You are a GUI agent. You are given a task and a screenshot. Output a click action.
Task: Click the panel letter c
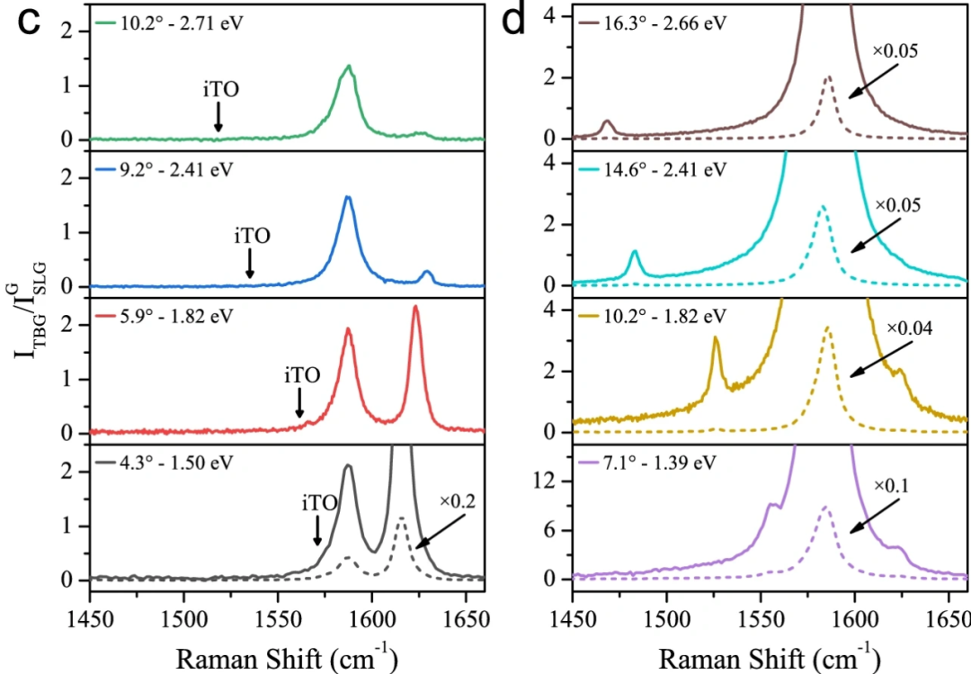click(29, 23)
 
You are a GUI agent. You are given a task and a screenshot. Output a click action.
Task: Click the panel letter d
click(513, 22)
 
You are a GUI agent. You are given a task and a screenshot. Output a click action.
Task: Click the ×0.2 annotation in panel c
click(458, 500)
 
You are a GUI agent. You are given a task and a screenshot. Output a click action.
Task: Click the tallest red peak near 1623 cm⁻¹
click(415, 308)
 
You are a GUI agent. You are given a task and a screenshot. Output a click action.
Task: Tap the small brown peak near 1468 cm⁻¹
click(608, 121)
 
